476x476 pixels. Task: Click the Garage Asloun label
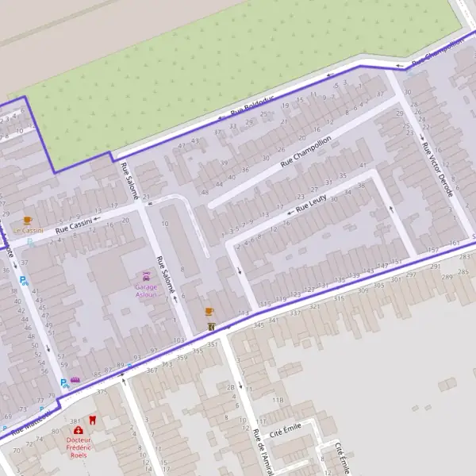145,290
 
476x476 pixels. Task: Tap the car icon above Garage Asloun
145,276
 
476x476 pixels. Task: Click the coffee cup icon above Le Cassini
28,220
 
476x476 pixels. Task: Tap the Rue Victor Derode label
437,170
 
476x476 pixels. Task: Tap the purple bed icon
75,380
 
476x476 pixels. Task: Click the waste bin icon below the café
210,326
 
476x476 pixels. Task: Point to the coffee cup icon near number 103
209,312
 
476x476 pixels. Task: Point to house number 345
258,325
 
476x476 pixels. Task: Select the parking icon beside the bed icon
63,382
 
